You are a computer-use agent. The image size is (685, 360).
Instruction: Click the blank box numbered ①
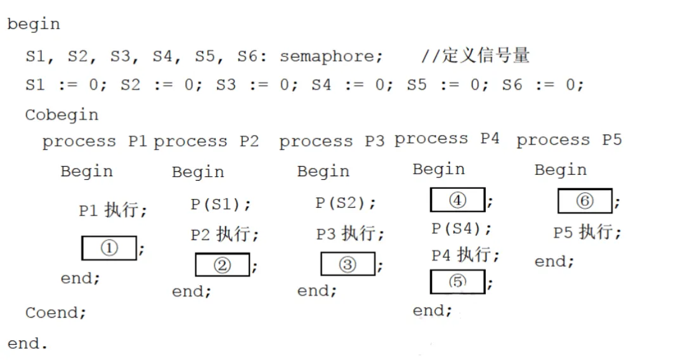109,248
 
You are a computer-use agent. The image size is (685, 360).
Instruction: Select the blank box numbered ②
222,264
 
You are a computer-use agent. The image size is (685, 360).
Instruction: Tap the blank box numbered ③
348,264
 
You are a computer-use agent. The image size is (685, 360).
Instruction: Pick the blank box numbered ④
457,200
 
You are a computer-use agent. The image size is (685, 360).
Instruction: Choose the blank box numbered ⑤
457,281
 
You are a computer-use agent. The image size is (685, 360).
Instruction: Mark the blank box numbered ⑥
584,201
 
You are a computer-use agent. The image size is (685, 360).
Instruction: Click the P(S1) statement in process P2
219,205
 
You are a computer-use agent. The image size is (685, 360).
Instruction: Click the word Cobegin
62,115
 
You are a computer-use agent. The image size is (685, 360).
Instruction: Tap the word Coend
55,312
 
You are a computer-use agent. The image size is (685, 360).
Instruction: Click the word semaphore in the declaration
330,56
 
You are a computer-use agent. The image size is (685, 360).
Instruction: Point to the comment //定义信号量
476,56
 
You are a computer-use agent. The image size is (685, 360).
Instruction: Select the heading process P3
331,141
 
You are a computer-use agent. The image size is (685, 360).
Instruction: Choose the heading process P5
568,140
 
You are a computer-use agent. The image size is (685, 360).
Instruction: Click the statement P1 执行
112,210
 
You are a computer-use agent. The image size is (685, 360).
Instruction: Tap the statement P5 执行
586,233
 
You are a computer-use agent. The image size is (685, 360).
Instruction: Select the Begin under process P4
438,170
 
